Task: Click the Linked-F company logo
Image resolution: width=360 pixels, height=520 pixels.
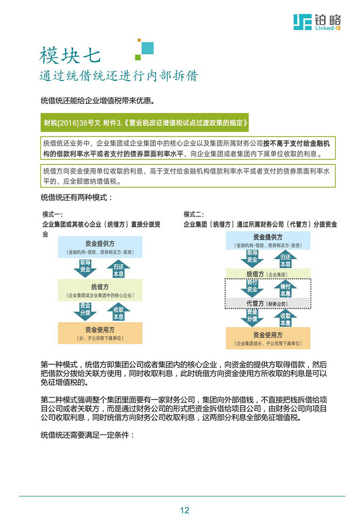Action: (317, 22)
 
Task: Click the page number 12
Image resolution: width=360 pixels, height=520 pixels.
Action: (185, 510)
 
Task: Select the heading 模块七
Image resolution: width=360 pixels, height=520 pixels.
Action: (70, 55)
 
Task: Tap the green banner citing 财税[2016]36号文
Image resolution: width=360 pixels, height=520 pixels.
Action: (144, 122)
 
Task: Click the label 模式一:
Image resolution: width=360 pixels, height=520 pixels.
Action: (52, 214)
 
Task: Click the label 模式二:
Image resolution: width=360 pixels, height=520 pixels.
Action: (194, 214)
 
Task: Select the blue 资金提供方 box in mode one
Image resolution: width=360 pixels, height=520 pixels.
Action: (100, 247)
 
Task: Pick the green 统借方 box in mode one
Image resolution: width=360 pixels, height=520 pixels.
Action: (100, 290)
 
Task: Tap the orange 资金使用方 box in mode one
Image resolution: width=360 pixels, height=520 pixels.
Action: (100, 333)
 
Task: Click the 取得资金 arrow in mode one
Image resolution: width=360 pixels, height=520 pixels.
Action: (85, 268)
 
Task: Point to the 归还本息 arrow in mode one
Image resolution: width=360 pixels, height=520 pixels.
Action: (119, 268)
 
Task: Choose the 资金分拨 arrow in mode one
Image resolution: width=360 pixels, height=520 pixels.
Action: (85, 311)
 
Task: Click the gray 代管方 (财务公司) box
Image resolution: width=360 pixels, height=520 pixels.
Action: (268, 303)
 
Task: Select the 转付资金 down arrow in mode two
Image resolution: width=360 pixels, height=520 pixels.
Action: (252, 288)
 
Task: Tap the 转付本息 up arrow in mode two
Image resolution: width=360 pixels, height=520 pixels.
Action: (285, 288)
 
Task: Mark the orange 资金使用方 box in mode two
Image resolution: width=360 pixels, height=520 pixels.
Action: (268, 338)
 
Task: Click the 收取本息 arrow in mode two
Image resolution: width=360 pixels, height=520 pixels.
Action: (285, 318)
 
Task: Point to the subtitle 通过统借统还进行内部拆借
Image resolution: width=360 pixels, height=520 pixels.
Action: (119, 76)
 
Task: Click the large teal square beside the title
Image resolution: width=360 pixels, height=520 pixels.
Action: (147, 48)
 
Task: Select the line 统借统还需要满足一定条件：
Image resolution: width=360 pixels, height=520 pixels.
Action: (88, 434)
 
